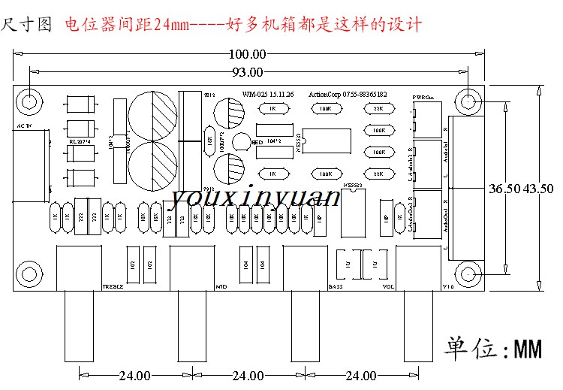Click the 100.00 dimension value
pos(248,54)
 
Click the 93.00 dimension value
pos(248,72)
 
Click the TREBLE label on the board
pos(112,287)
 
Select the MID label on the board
pos(221,287)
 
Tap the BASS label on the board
pos(336,287)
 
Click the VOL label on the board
pos(388,287)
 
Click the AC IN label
pos(24,125)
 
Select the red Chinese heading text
pos(243,25)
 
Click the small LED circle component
pos(242,142)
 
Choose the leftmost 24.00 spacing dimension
pos(135,375)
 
